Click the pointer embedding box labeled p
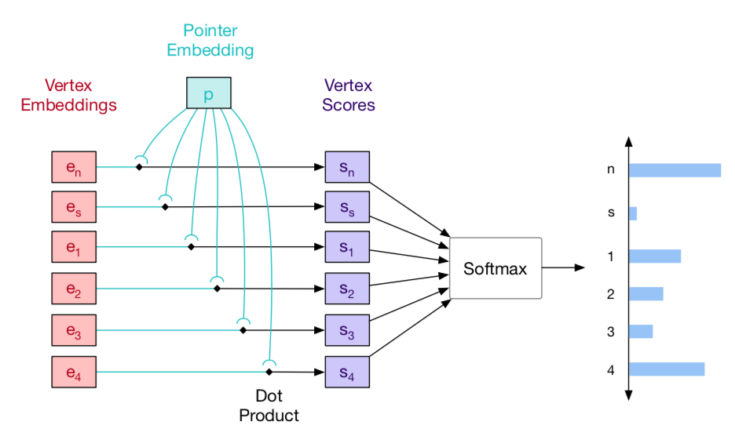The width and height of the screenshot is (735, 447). [208, 93]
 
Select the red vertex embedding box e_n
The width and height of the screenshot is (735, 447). [73, 167]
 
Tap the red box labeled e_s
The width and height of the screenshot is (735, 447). [73, 208]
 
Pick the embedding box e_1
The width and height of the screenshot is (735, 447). [73, 248]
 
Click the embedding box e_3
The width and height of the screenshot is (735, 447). [73, 331]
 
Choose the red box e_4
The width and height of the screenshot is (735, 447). [73, 372]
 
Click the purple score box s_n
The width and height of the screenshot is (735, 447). [347, 167]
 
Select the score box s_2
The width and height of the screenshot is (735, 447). [347, 290]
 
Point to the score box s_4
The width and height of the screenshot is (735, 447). [347, 372]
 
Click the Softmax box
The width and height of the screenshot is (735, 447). [495, 268]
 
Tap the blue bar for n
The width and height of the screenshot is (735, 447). [675, 170]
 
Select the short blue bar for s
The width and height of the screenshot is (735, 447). [633, 213]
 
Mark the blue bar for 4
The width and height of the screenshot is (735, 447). [667, 369]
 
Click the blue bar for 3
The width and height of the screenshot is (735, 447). [641, 331]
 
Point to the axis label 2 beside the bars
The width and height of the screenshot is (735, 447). [610, 294]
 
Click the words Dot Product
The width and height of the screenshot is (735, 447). [269, 406]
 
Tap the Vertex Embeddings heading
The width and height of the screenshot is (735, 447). [81, 94]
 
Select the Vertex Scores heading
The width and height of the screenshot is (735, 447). [348, 94]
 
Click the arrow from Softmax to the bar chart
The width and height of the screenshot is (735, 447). [563, 268]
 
